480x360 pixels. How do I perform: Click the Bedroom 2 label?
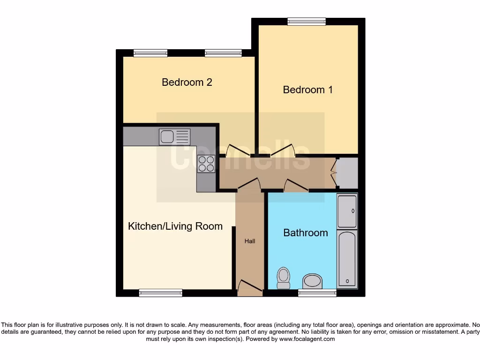187,82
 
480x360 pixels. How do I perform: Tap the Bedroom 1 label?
308,90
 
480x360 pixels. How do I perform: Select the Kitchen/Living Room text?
175,226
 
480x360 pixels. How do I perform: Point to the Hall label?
250,241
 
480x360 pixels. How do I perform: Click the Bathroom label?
306,233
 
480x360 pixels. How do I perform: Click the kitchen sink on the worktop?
174,136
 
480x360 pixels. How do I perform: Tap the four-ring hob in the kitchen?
206,164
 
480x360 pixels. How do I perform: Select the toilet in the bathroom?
284,278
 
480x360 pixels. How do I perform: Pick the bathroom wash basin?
313,282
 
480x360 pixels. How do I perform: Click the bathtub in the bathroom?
347,259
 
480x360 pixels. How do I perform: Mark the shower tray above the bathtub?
347,211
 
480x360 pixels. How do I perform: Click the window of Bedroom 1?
307,21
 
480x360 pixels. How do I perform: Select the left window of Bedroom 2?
150,53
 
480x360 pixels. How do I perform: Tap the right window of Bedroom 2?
223,53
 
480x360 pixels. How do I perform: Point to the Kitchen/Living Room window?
160,293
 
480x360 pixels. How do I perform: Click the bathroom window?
317,293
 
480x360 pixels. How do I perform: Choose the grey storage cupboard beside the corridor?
347,173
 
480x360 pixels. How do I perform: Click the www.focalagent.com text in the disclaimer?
307,339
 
